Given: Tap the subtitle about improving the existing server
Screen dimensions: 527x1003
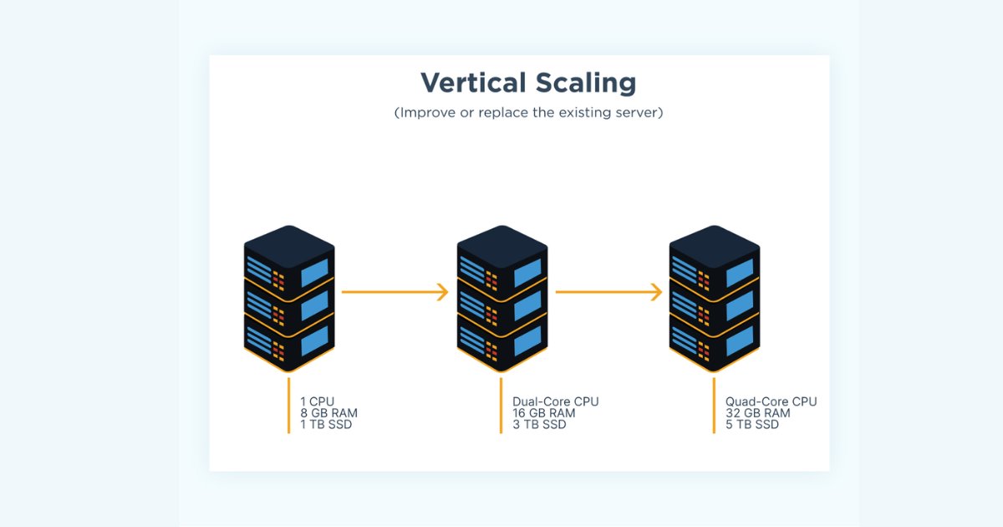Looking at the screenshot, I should pyautogui.click(x=528, y=113).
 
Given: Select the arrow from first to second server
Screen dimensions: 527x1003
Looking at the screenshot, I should pyautogui.click(x=395, y=292).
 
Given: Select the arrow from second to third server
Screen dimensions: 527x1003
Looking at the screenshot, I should pyautogui.click(x=608, y=292).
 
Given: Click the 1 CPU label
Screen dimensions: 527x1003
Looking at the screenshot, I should pyautogui.click(x=318, y=402).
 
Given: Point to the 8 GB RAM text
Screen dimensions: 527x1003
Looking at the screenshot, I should pyautogui.click(x=328, y=413).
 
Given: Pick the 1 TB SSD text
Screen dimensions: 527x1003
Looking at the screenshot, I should pyautogui.click(x=327, y=425).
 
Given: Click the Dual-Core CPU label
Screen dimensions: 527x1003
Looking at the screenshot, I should pyautogui.click(x=556, y=402).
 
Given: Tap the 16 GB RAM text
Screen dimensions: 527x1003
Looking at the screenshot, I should pyautogui.click(x=544, y=413).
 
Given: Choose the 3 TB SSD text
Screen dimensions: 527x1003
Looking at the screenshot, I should pyautogui.click(x=540, y=425).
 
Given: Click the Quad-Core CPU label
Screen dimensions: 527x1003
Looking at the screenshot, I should pyautogui.click(x=771, y=402).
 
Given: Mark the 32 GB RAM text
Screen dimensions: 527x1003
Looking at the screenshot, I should pyautogui.click(x=757, y=413).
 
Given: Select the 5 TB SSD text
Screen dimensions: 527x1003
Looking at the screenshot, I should pyautogui.click(x=752, y=425).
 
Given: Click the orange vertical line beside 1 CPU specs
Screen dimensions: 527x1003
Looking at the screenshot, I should pyautogui.click(x=288, y=406).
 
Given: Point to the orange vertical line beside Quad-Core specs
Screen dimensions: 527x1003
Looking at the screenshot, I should pyautogui.click(x=714, y=406).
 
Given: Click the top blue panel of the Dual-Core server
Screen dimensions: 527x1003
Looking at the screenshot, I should pyautogui.click(x=527, y=274).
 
